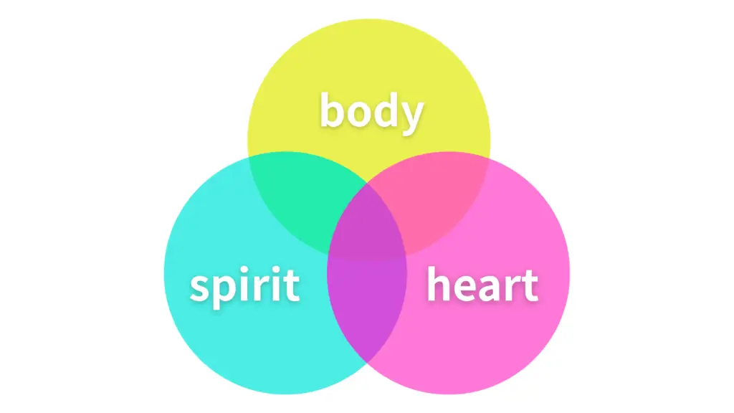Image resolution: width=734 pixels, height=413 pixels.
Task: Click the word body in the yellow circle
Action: pos(372,113)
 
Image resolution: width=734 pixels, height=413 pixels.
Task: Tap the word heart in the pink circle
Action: pos(482,284)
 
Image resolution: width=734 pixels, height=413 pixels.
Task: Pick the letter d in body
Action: pos(385,110)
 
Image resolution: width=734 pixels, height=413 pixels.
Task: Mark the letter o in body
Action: pos(358,114)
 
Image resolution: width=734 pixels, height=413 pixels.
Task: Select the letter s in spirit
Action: pos(201,288)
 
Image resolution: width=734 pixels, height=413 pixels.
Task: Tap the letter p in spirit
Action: pos(228,291)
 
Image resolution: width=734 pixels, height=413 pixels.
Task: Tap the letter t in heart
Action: pos(531,285)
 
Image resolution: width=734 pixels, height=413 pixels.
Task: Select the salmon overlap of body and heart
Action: pos(435,199)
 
